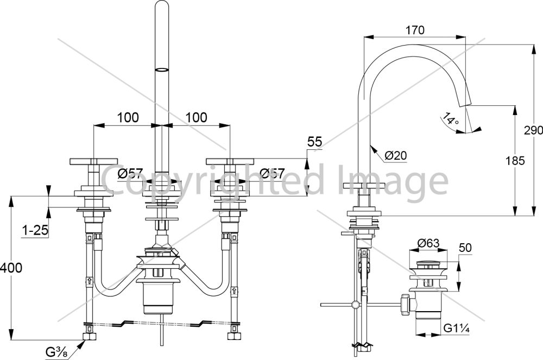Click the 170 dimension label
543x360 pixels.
415,30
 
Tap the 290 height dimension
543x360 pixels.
533,130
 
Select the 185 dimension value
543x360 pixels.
515,161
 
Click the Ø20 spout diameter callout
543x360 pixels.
396,155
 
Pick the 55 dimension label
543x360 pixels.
314,142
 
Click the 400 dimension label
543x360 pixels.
11,268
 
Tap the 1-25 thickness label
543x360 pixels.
35,230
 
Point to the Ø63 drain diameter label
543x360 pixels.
428,243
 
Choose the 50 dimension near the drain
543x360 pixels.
465,248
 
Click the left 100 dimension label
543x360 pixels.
128,118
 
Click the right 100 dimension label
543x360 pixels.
197,118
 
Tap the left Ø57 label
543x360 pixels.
130,173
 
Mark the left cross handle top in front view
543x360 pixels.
94,161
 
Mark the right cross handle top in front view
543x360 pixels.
230,161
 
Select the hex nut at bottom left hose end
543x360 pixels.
90,336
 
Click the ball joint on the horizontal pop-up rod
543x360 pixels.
355,305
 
